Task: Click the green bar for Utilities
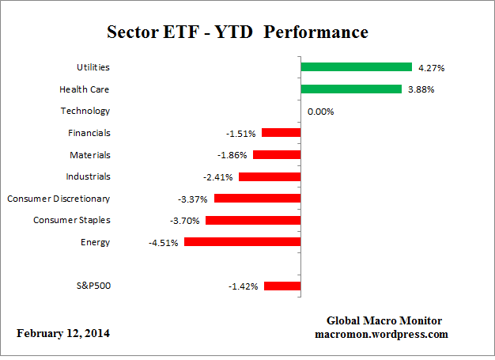point(356,67)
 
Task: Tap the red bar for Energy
point(242,242)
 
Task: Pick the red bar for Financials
point(281,133)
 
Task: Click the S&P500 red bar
point(282,286)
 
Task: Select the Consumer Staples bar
point(252,220)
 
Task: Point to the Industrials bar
point(269,176)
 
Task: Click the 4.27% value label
point(431,68)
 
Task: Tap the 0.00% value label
point(320,112)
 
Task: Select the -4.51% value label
point(162,243)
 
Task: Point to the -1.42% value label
point(243,286)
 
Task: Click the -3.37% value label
point(192,199)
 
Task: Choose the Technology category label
point(85,111)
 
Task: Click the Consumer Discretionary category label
point(59,198)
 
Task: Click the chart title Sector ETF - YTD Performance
point(237,33)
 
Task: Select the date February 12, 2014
point(63,333)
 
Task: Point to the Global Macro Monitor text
point(384,320)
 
